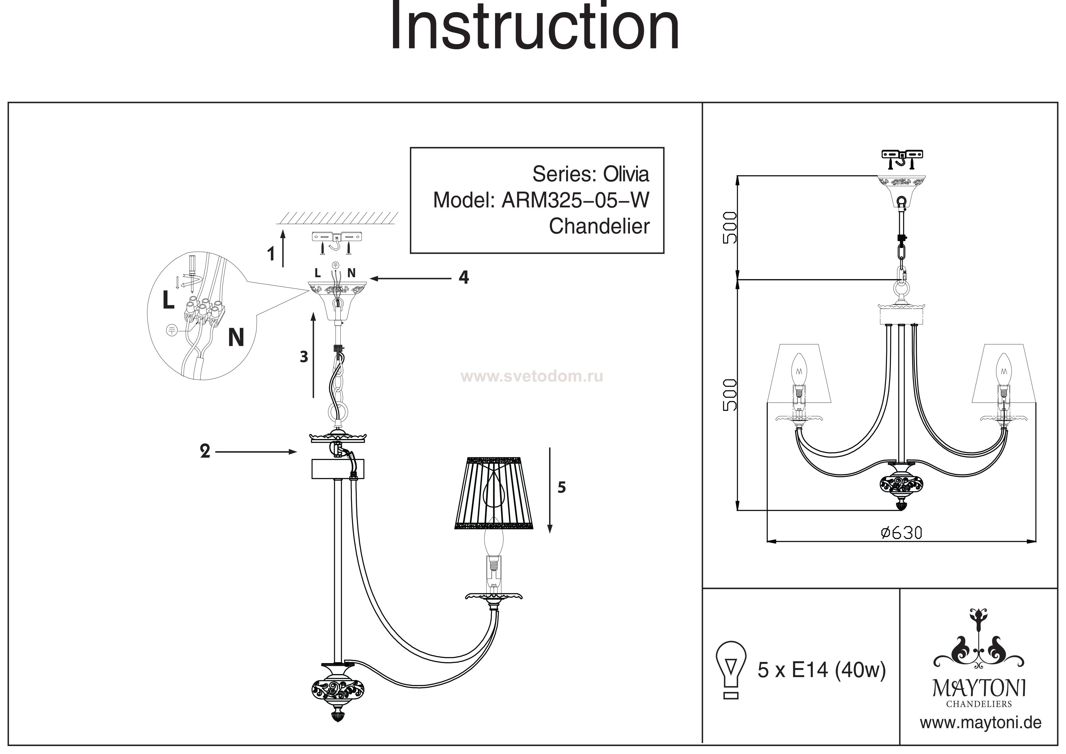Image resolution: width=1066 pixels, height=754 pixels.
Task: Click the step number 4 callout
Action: click(x=463, y=278)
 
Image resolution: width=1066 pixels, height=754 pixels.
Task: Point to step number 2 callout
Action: click(x=205, y=451)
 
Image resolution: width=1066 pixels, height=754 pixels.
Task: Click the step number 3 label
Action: click(x=304, y=357)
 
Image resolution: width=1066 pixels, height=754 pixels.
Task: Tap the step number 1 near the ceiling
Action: click(x=271, y=254)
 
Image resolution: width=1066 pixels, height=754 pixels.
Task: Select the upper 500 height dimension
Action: click(x=730, y=228)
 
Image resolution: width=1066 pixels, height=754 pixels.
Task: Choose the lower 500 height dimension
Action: click(x=730, y=395)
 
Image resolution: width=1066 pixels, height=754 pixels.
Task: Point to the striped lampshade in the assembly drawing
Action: click(x=493, y=493)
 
